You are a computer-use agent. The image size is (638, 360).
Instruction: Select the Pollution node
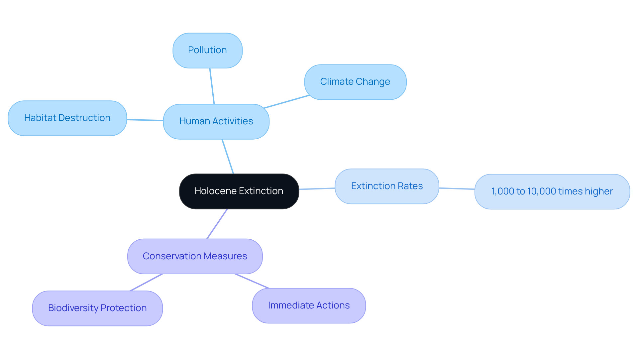click(x=207, y=50)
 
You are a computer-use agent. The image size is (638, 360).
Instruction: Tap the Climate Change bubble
click(x=355, y=82)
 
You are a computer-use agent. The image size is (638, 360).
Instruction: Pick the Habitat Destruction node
click(x=67, y=118)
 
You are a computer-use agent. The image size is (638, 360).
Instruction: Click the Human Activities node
click(x=216, y=121)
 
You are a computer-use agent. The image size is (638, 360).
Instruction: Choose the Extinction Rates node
click(x=387, y=186)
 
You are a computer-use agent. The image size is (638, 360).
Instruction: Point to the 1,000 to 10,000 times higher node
click(x=552, y=191)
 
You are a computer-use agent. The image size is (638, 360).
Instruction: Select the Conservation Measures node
click(x=195, y=256)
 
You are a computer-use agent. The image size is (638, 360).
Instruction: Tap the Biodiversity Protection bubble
click(x=97, y=308)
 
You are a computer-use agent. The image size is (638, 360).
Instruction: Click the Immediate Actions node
click(x=309, y=305)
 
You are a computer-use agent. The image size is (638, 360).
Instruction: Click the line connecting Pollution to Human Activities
click(x=212, y=86)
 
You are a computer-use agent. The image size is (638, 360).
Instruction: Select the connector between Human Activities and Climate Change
click(x=286, y=102)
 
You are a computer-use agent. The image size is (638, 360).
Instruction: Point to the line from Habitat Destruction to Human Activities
click(x=145, y=120)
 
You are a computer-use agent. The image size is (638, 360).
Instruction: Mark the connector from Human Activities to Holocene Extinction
click(x=228, y=156)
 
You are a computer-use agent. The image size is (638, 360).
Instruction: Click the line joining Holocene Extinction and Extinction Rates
click(x=317, y=189)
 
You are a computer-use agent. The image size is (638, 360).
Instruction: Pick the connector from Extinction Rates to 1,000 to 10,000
click(x=457, y=188)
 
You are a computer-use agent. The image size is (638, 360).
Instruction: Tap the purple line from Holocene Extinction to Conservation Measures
click(x=217, y=224)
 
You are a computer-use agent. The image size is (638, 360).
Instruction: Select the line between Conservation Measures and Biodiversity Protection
click(x=146, y=282)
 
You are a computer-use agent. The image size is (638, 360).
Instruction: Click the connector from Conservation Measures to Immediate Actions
click(x=252, y=281)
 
